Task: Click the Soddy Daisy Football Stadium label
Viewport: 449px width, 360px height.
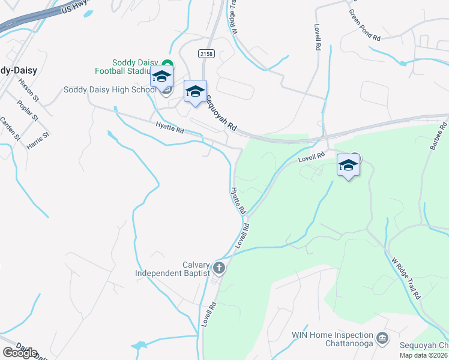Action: click(x=136, y=67)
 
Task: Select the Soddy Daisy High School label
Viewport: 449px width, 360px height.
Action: click(x=110, y=90)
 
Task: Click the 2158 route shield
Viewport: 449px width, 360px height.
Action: click(x=206, y=54)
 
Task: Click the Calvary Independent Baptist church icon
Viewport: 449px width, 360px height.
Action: click(x=219, y=268)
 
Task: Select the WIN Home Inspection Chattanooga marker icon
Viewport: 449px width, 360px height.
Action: click(x=382, y=339)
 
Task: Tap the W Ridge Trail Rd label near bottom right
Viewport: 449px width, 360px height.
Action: click(x=406, y=279)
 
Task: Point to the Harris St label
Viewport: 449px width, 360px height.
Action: click(x=37, y=138)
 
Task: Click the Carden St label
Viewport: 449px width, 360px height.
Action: click(x=10, y=129)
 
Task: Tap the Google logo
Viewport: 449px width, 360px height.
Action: click(x=20, y=353)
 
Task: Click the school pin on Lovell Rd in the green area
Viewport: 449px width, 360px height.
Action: click(x=348, y=166)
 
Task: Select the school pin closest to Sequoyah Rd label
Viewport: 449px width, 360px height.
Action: click(x=195, y=92)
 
